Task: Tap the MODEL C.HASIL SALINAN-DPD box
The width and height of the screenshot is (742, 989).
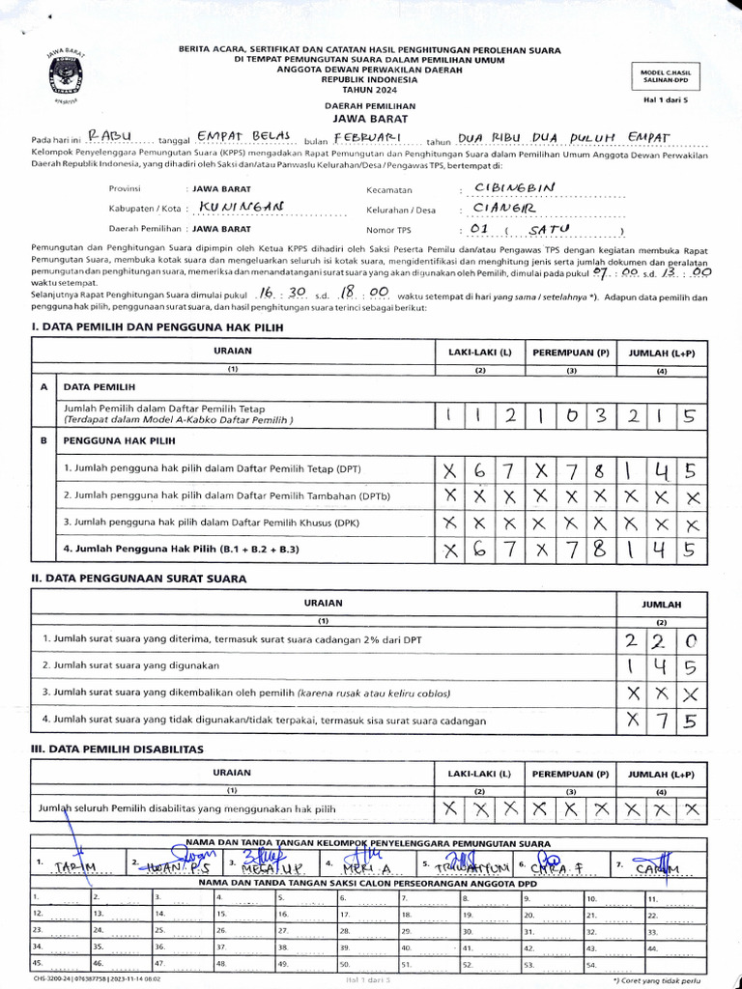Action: (x=666, y=76)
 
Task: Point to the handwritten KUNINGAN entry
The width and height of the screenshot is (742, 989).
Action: (x=241, y=207)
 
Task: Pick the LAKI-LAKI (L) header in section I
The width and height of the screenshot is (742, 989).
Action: (x=479, y=352)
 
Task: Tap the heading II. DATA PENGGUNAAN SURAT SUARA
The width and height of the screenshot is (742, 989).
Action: (x=139, y=579)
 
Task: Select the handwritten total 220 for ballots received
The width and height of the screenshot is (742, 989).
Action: (x=663, y=639)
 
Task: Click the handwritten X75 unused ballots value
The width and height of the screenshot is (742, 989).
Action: (x=663, y=720)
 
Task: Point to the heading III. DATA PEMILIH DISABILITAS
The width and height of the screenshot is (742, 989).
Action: (x=118, y=749)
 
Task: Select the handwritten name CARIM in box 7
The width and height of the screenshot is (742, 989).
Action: (x=657, y=866)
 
